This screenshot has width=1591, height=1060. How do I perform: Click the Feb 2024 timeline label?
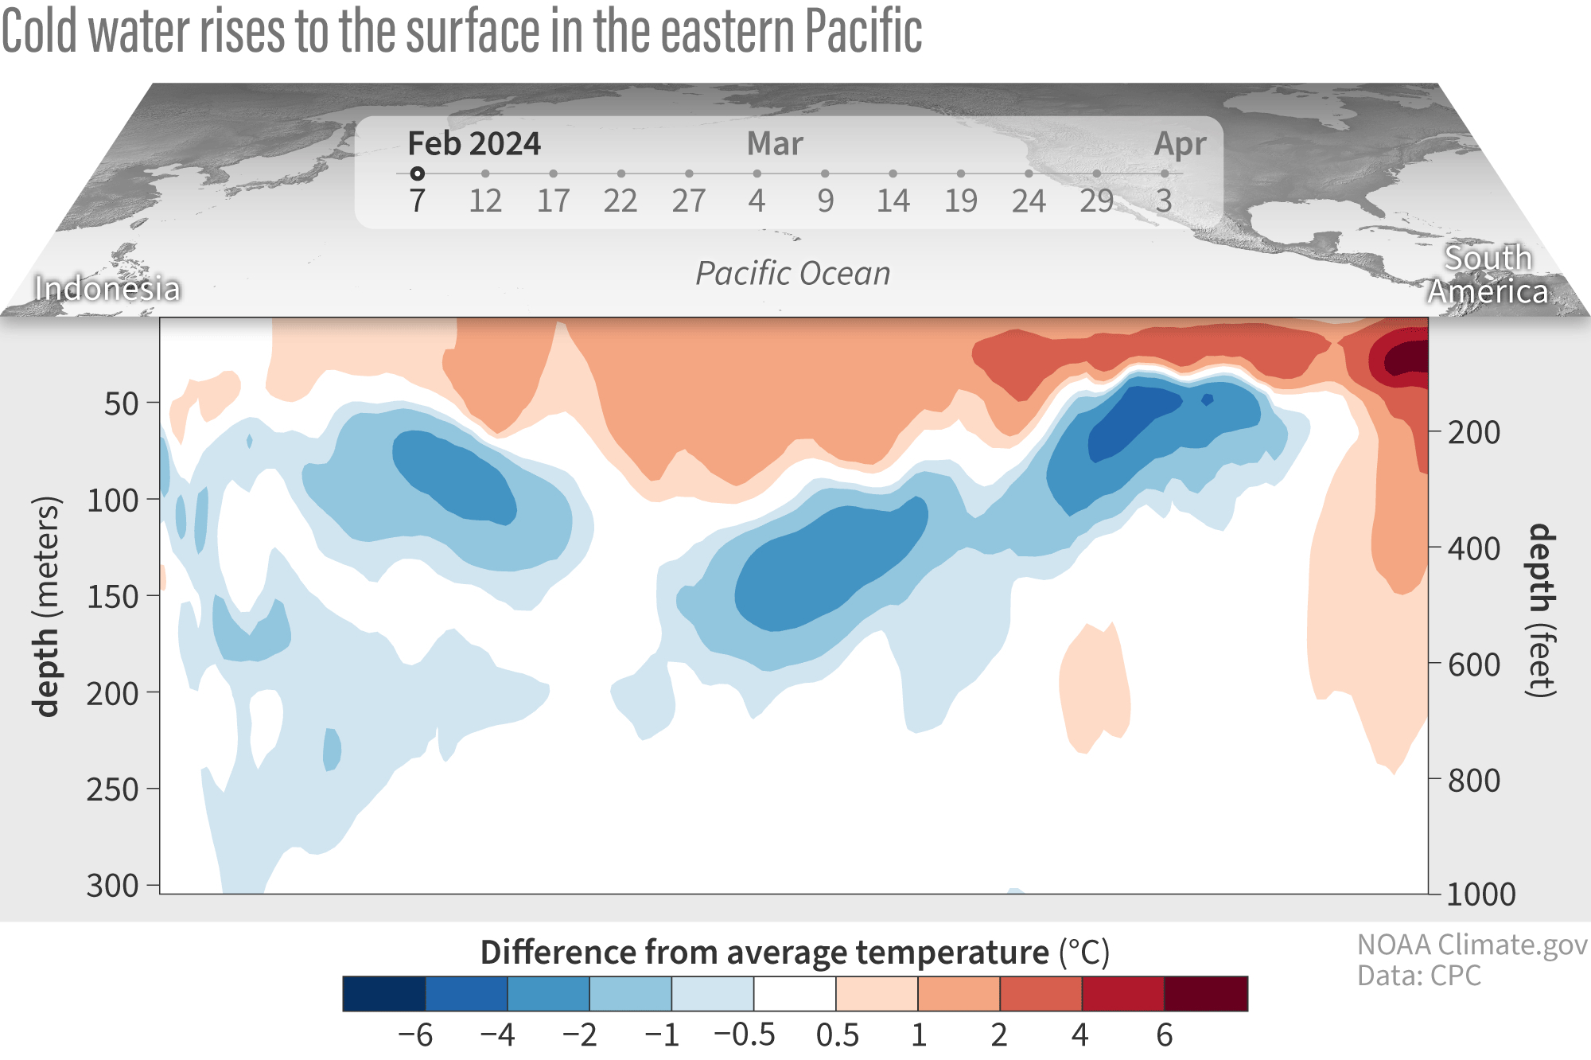coord(474,144)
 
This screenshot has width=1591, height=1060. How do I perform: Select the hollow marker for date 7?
coord(417,173)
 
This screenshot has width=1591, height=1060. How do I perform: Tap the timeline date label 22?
coord(620,201)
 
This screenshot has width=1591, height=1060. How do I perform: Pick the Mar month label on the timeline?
coord(775,144)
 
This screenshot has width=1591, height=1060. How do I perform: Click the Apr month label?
coord(1181,144)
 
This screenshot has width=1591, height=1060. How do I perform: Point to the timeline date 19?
coord(961,201)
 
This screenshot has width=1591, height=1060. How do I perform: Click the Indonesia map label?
coord(107,289)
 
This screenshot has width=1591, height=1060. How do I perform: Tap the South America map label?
coord(1488,275)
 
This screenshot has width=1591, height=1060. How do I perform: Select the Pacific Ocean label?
coord(793,273)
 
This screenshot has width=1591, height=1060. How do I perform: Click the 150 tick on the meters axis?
coord(113,597)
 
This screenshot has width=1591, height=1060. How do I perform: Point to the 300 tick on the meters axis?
coord(113,885)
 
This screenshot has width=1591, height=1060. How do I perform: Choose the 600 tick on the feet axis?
coord(1474,664)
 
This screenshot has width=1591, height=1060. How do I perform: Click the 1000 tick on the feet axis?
coord(1481,894)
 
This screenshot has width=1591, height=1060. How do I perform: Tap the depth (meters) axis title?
coord(46,606)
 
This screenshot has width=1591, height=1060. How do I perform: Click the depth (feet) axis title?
coord(1542,611)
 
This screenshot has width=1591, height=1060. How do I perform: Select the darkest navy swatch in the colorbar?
coord(384,993)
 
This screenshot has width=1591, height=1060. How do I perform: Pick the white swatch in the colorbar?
coord(795,993)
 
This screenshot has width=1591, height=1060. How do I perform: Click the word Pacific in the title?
coord(864,32)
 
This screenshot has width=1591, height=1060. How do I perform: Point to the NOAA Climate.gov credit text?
coord(1472,945)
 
